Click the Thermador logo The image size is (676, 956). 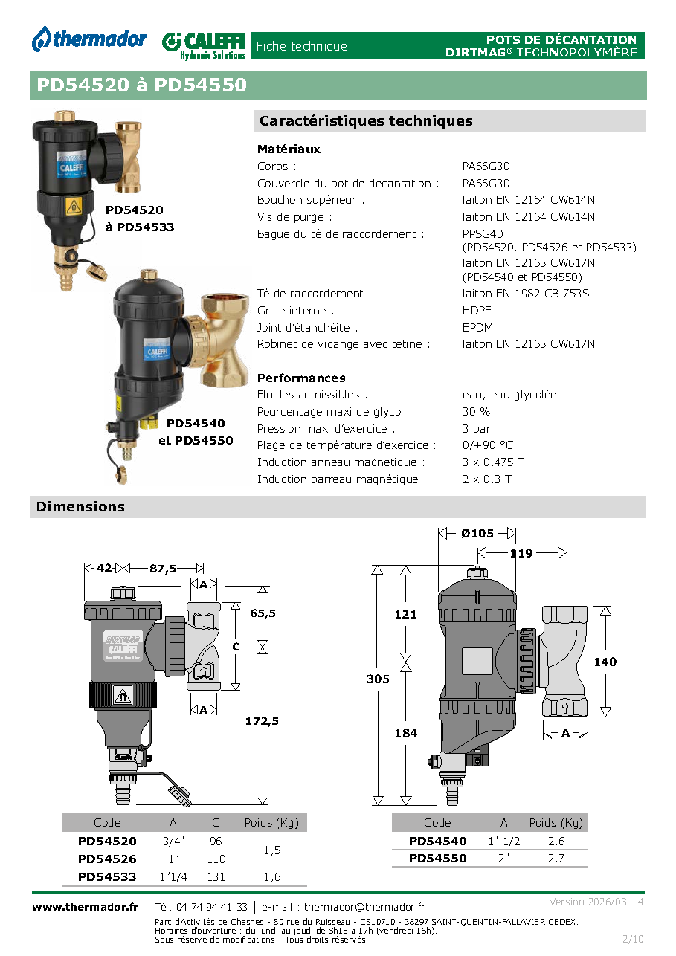click(x=89, y=39)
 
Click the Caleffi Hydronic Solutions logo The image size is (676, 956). click(x=204, y=45)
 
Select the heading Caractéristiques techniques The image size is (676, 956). click(x=366, y=120)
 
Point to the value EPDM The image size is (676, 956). click(x=477, y=327)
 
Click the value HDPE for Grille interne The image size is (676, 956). click(x=477, y=310)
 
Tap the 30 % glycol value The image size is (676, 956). click(x=476, y=411)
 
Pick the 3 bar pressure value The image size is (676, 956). click(x=477, y=428)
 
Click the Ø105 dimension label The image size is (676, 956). click(x=477, y=534)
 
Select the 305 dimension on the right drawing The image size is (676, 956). click(x=378, y=679)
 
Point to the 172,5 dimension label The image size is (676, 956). click(x=262, y=721)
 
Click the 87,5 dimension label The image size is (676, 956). click(x=163, y=569)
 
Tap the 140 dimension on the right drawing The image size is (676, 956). click(x=605, y=662)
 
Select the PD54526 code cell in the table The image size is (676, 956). click(x=107, y=859)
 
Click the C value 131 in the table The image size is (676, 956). click(x=216, y=876)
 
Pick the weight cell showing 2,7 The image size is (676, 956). click(x=556, y=859)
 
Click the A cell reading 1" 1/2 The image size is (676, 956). click(x=504, y=842)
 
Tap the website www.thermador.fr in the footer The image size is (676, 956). click(x=85, y=907)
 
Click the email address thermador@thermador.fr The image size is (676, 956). click(x=364, y=907)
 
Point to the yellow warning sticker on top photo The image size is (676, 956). click(x=74, y=207)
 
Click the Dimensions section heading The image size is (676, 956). click(x=80, y=506)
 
